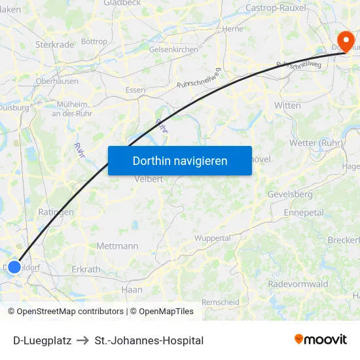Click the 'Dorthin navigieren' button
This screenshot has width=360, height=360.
click(179, 160)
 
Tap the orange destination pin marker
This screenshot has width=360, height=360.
click(343, 39)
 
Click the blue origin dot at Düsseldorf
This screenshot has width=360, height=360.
click(14, 266)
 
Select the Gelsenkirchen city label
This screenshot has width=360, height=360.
click(173, 49)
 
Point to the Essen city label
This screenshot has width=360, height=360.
click(135, 90)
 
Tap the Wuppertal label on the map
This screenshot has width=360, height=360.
click(213, 238)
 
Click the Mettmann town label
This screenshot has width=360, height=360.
click(117, 246)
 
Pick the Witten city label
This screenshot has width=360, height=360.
click(287, 105)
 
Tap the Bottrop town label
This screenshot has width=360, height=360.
click(94, 41)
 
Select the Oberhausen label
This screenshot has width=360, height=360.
click(57, 81)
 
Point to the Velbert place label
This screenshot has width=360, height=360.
click(148, 179)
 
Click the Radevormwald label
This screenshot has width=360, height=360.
click(298, 283)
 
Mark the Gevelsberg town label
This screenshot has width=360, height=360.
click(290, 194)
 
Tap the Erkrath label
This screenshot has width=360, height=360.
click(86, 269)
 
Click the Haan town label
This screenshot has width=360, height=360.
click(132, 289)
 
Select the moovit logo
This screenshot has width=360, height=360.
click(320, 339)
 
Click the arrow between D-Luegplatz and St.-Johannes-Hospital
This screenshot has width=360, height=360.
click(82, 340)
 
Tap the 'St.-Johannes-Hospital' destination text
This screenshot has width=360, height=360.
click(149, 340)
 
